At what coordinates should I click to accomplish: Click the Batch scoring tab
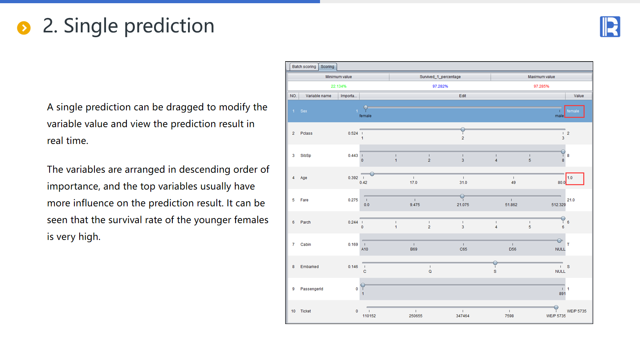tap(304, 66)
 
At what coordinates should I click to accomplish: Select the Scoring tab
tap(328, 66)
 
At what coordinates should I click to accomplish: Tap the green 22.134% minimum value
tap(338, 86)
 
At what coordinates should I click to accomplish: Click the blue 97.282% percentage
tap(440, 86)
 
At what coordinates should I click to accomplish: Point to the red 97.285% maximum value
tap(542, 86)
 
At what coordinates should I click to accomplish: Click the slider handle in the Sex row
tap(366, 108)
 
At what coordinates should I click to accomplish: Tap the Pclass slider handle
tap(463, 130)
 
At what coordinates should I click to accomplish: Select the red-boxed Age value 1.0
tap(574, 178)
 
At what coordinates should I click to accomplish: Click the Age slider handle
tap(372, 174)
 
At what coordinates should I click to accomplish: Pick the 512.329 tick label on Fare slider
tap(558, 205)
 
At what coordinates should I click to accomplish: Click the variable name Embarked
tap(310, 266)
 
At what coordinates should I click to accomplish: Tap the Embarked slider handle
tap(495, 263)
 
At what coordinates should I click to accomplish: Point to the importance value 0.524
tap(353, 133)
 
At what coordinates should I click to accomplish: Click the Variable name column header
tap(318, 96)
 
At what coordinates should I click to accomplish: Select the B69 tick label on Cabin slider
tap(414, 249)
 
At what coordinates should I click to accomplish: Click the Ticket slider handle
tap(556, 308)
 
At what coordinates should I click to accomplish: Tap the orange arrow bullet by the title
tap(24, 28)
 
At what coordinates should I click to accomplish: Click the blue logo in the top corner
tap(610, 26)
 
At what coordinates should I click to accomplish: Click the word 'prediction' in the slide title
tap(169, 26)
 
